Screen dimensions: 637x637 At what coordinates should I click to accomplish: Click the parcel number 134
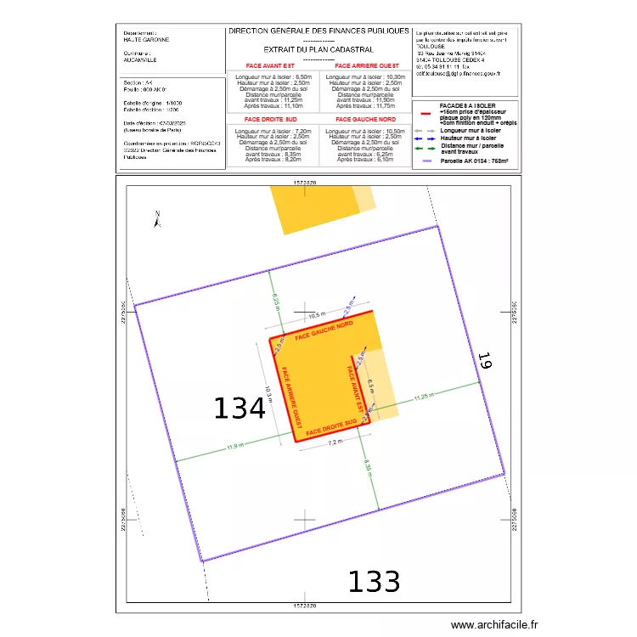coord(240,409)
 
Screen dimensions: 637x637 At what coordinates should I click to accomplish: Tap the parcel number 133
coord(374,582)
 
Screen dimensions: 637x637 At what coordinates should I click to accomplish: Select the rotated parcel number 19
coord(484,361)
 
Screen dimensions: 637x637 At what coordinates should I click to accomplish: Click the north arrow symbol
coord(157,220)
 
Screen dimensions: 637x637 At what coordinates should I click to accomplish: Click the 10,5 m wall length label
coord(316,315)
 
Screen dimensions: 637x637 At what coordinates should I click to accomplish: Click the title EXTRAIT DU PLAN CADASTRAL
coord(318,50)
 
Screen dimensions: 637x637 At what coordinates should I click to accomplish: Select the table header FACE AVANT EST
coord(271,65)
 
